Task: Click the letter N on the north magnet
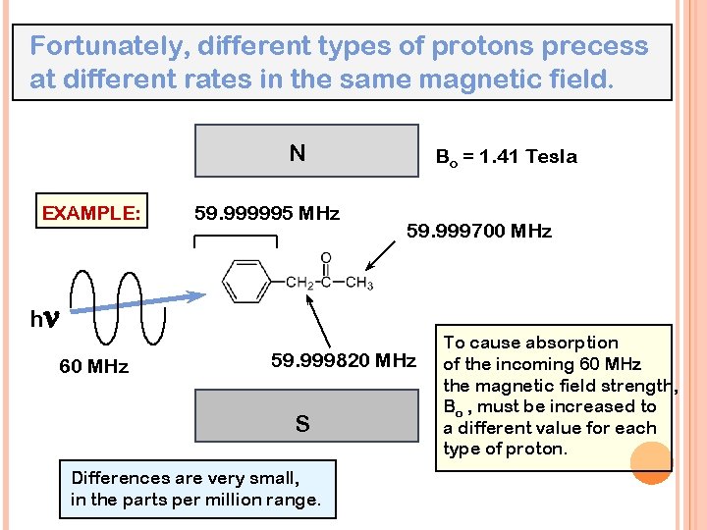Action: coord(297,153)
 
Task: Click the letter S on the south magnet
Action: coord(302,424)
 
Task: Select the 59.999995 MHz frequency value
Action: coord(267,213)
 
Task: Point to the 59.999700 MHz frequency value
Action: coord(479,232)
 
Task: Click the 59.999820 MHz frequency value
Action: coord(344,360)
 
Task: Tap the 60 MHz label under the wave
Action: coord(93,367)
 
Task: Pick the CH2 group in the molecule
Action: coord(299,285)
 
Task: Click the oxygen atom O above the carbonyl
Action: coord(326,259)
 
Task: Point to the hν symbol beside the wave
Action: coord(44,319)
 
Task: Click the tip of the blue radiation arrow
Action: coord(204,294)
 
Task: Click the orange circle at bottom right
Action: coord(650,461)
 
